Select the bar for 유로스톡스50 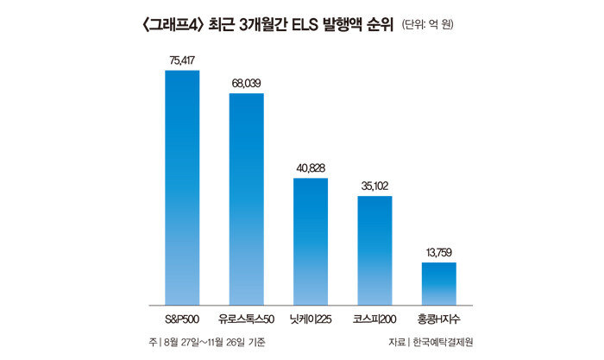click(x=246, y=199)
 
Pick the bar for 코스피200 click(x=374, y=249)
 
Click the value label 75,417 click(x=182, y=60)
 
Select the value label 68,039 click(x=246, y=83)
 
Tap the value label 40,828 click(x=310, y=168)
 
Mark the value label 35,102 click(x=374, y=186)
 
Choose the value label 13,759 click(x=438, y=252)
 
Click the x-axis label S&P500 click(x=182, y=319)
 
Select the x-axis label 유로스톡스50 click(x=246, y=319)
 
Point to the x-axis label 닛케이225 click(x=310, y=319)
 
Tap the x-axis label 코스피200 click(x=374, y=319)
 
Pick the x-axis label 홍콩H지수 click(x=438, y=319)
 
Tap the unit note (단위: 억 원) click(x=427, y=25)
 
